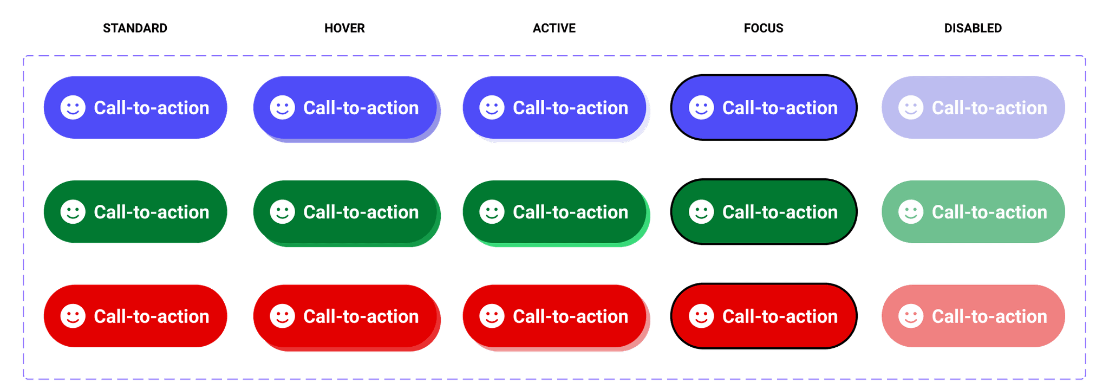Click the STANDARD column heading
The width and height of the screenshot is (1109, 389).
click(135, 28)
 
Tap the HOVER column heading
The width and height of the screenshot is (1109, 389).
click(344, 28)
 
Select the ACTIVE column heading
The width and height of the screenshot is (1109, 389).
click(554, 28)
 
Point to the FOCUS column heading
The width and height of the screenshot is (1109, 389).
click(764, 28)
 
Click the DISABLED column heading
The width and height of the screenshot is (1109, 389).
click(973, 28)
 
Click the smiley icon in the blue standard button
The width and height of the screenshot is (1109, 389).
click(73, 107)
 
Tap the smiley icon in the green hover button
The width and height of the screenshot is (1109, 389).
click(283, 212)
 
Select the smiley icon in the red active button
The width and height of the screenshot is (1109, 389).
click(492, 316)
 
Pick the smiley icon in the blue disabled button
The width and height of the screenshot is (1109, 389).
click(911, 107)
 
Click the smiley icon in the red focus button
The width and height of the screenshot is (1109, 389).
click(701, 316)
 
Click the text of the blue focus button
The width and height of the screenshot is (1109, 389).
click(780, 108)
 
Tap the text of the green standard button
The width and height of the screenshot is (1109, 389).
click(152, 212)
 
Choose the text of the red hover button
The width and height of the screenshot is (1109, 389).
click(361, 316)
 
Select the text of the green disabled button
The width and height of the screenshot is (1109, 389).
click(989, 212)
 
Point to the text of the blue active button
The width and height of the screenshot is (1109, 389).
click(570, 108)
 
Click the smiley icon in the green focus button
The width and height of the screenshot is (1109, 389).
click(701, 212)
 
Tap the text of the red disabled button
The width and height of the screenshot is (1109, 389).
click(989, 316)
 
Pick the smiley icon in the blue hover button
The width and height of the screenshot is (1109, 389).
click(283, 107)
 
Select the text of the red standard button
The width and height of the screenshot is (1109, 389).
click(152, 316)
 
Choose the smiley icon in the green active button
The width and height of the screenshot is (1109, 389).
click(492, 212)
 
